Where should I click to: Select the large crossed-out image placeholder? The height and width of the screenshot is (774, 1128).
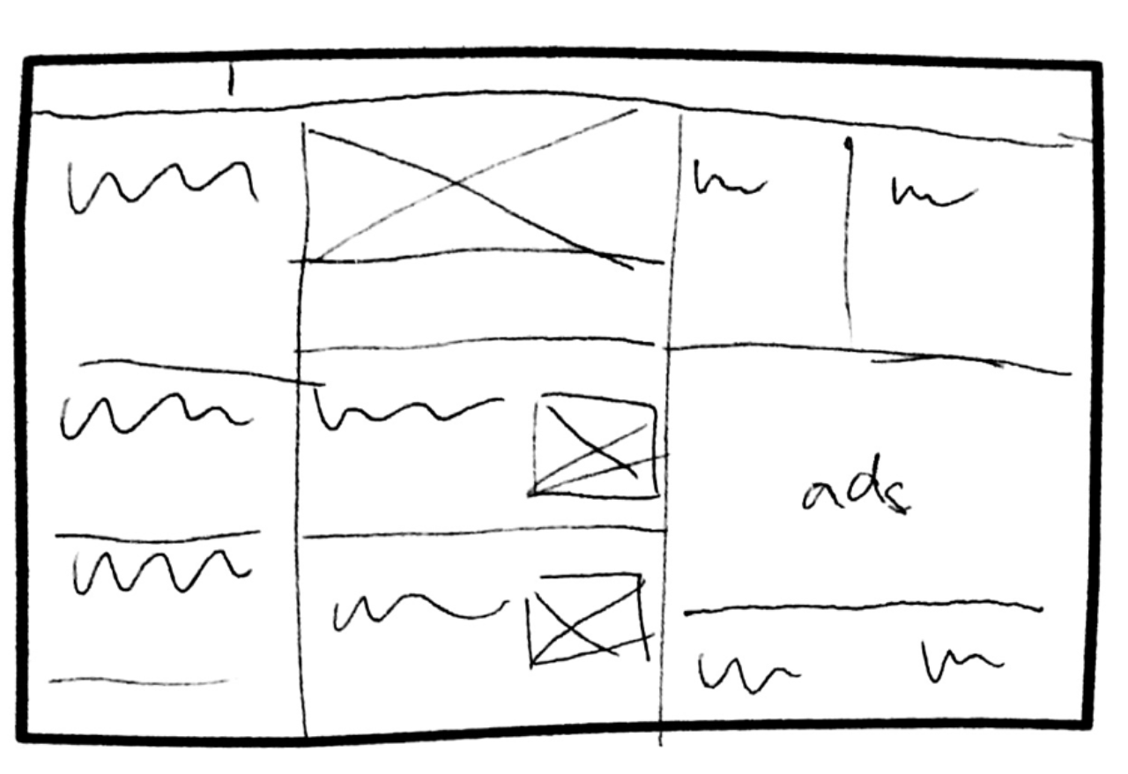coord(476,194)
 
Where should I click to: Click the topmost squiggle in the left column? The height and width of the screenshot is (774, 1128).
coord(163,185)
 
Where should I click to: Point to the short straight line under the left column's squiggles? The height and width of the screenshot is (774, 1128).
coord(139,681)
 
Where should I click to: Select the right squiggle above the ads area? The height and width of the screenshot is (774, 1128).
coord(932,192)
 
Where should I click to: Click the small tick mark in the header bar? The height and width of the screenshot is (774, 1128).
coord(231,80)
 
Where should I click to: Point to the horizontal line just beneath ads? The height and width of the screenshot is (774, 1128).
coord(864,607)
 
